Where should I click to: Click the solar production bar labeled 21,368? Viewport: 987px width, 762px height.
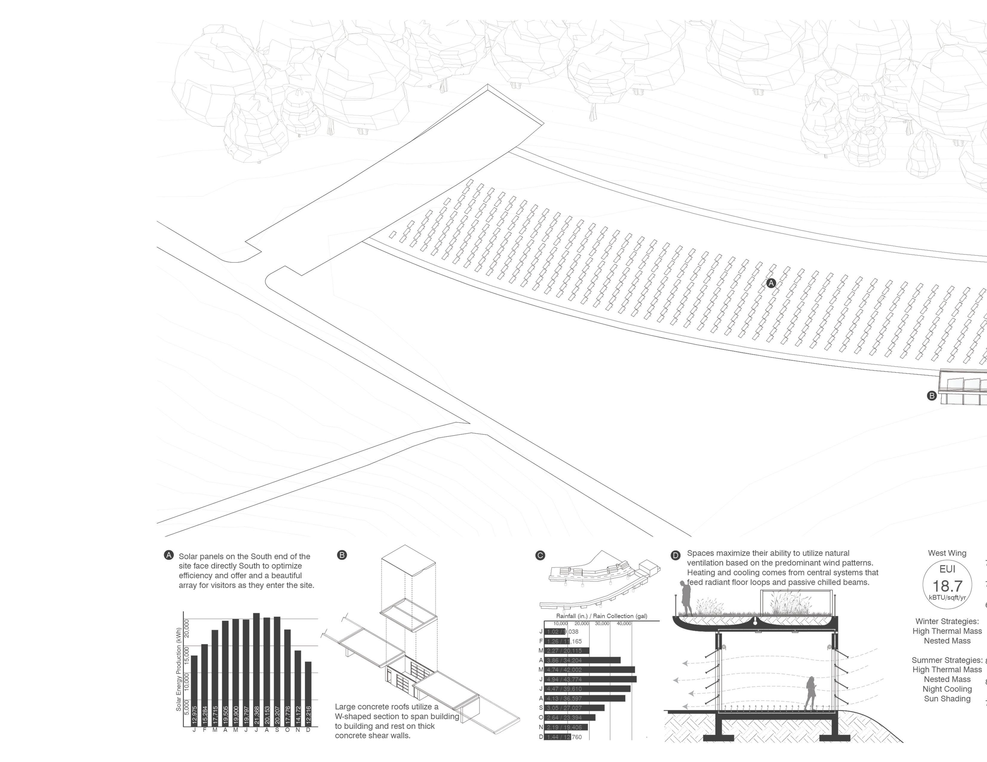pos(256,669)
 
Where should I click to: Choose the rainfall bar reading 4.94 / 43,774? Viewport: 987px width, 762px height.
pos(590,679)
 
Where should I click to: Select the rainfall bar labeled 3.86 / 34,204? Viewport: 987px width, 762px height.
pos(582,660)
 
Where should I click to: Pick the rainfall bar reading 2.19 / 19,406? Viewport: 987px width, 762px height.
pos(566,727)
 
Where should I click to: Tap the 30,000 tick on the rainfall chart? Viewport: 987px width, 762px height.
pos(602,624)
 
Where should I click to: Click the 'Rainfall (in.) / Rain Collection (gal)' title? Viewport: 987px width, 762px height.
pos(601,616)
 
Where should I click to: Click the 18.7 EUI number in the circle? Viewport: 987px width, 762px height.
pos(947,586)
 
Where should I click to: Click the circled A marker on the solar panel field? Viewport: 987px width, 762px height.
pos(771,283)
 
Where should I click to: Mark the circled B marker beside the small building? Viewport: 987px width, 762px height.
pos(931,396)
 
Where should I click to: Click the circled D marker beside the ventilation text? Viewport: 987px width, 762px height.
pos(675,555)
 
